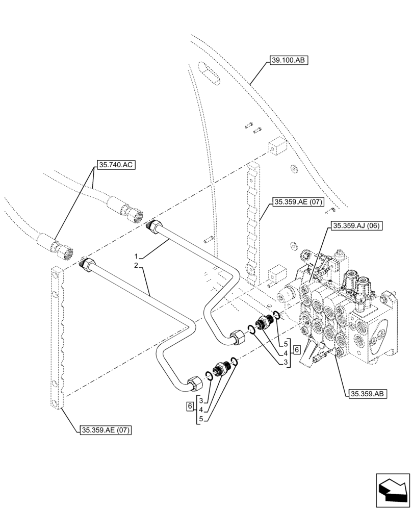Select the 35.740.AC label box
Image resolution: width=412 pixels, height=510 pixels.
pos(115,165)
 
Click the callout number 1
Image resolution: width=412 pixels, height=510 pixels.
pos(136,255)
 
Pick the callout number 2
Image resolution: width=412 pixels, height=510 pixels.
pos(136,266)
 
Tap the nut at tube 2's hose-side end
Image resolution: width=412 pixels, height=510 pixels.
pos(88,265)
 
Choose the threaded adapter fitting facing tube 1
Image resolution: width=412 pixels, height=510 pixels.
pos(265,323)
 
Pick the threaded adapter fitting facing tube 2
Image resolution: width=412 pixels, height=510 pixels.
pos(221,368)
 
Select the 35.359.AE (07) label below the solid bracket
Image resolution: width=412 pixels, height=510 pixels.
pos(106,430)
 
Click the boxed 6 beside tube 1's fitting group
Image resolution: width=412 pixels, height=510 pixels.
pos(297,350)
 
